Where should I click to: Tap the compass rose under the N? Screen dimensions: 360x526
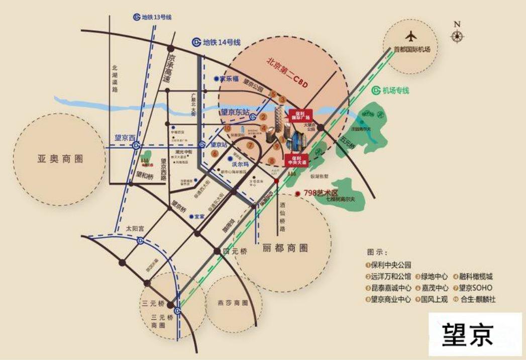click(x=457, y=36)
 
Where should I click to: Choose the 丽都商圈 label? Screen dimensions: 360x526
click(x=284, y=248)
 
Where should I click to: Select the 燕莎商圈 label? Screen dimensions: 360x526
click(x=233, y=303)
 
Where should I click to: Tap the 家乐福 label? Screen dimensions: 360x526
click(x=227, y=79)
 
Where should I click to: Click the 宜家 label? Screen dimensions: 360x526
click(x=199, y=216)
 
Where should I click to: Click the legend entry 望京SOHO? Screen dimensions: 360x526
click(x=475, y=288)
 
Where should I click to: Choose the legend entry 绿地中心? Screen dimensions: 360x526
click(x=433, y=276)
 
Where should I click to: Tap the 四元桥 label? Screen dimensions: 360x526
click(x=235, y=251)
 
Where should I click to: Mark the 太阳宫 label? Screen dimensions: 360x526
click(x=135, y=228)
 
